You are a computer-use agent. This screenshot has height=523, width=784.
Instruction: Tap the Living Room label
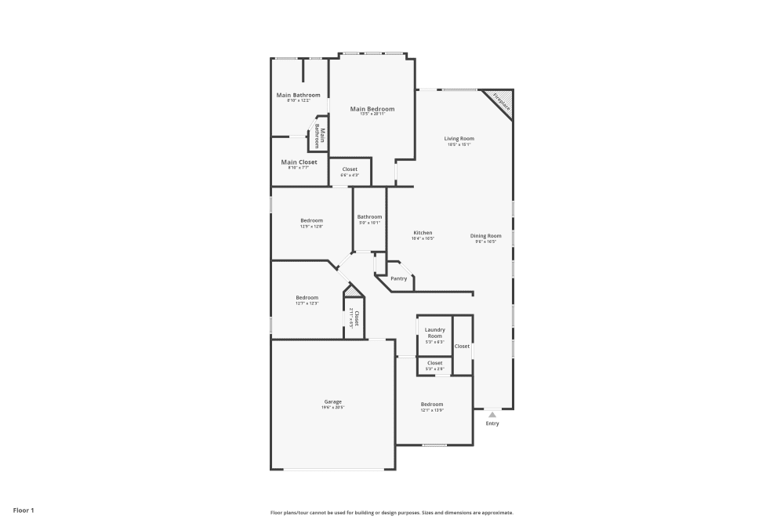pos(459,139)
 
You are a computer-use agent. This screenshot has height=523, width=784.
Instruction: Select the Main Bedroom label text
pos(372,109)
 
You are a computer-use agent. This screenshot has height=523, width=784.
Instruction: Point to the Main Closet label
pos(299,162)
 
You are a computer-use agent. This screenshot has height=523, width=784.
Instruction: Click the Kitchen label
pos(423,233)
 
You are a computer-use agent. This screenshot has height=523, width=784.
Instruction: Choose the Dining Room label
pos(485,236)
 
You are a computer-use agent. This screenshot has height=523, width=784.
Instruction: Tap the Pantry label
pos(399,278)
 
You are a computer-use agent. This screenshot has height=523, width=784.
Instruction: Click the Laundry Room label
pos(434,332)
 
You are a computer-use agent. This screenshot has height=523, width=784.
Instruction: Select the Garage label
pos(332,401)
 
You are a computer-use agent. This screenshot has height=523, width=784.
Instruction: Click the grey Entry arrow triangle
pos(492,415)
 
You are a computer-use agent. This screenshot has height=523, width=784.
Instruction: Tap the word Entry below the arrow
pos(492,423)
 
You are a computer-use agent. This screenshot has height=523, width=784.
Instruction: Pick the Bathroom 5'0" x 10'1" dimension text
pos(369,223)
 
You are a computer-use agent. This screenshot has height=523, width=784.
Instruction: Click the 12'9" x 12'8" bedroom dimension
pos(311,227)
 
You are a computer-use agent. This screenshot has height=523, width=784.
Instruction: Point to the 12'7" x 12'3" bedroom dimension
pos(307,303)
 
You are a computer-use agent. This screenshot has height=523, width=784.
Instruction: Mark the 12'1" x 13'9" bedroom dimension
pos(431,410)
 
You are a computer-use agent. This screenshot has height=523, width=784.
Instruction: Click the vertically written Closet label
pos(356,318)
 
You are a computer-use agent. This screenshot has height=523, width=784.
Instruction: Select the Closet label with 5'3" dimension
pos(434,363)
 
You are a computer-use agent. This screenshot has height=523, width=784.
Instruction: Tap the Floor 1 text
pos(22,510)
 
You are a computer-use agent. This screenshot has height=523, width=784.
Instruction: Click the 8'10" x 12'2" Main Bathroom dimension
pos(298,100)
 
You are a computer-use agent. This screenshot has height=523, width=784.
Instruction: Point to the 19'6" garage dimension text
pos(332,408)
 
